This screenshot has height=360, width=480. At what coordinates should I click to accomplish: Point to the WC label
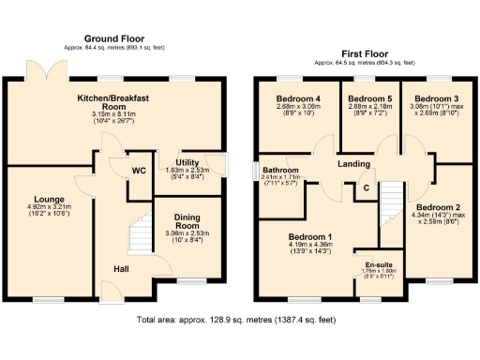pyautogui.click(x=138, y=171)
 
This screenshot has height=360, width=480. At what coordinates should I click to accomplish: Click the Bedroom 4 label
pyautogui.click(x=298, y=98)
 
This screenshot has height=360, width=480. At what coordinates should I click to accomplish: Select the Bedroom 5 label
pyautogui.click(x=368, y=98)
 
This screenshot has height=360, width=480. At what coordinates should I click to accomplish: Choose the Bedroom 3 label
pyautogui.click(x=436, y=98)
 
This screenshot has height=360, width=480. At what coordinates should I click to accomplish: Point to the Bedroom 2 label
pyautogui.click(x=438, y=207)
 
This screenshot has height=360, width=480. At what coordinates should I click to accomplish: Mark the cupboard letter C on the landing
pyautogui.click(x=367, y=187)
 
